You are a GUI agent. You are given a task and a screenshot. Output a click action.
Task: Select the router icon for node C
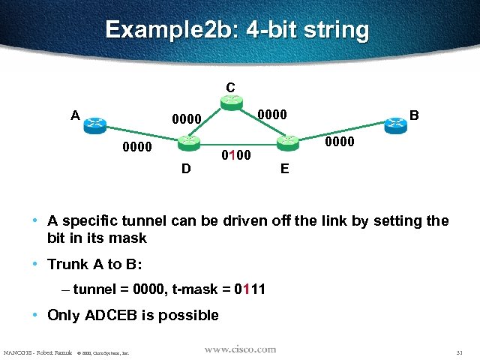(x=232, y=103)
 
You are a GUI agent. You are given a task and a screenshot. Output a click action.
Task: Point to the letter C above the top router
(x=231, y=86)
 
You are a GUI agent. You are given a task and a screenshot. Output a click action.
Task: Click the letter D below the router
(x=186, y=169)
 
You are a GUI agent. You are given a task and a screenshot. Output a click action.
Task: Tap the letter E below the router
(x=285, y=169)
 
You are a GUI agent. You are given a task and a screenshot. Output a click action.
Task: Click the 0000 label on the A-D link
(x=137, y=147)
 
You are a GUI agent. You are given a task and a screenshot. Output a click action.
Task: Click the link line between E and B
(x=341, y=132)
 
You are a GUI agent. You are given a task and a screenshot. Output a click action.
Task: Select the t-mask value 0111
(x=250, y=289)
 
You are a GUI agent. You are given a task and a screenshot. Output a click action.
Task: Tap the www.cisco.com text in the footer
(x=239, y=349)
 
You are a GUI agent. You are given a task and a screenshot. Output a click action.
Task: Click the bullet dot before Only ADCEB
(x=36, y=315)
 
